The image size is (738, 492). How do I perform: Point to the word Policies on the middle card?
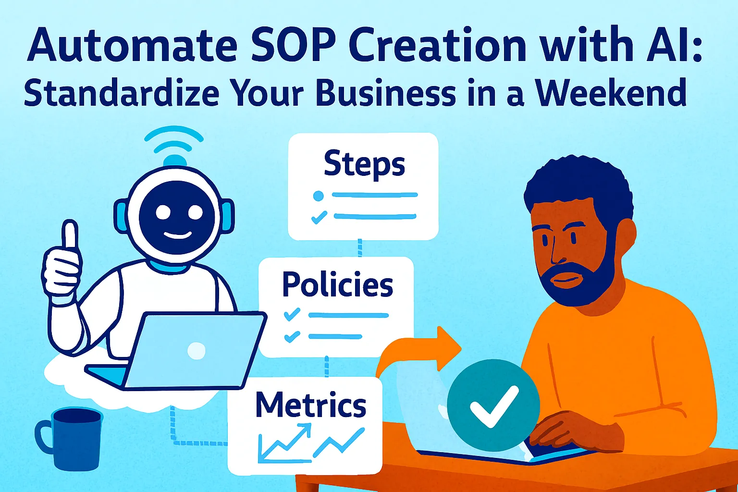pos(337,284)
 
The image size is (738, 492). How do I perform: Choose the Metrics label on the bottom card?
pos(310,405)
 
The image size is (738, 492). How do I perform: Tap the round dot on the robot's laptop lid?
pos(196,350)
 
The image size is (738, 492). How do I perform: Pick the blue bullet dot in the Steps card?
pos(318,196)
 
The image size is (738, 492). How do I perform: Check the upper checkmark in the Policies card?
pos(292,315)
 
